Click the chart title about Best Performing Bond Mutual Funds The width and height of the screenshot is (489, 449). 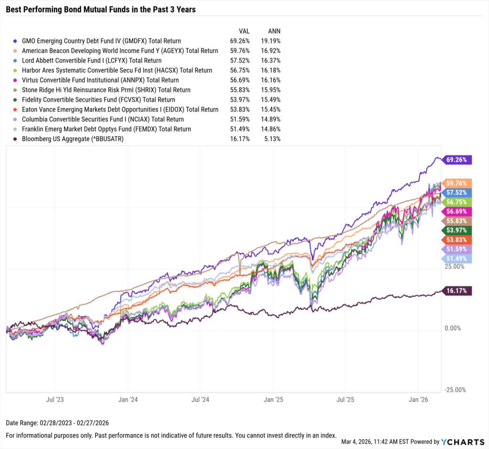[x=101, y=10]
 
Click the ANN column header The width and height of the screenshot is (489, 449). [x=273, y=31]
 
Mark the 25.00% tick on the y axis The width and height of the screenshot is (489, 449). [x=455, y=267]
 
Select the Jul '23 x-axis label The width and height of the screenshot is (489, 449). [x=55, y=399]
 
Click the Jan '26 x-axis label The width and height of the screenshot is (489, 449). [x=419, y=399]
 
